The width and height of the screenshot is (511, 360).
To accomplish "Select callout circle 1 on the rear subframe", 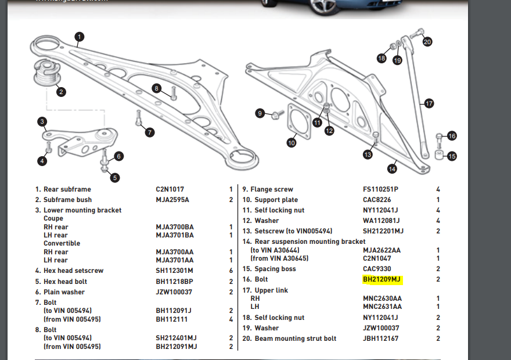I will click(x=79, y=37).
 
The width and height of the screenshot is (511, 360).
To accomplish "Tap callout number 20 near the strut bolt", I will click(x=427, y=42).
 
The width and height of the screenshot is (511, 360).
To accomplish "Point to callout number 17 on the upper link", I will click(x=429, y=104).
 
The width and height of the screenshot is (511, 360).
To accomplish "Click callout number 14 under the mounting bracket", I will click(x=393, y=168).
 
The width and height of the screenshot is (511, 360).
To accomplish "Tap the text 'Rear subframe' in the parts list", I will click(x=67, y=189).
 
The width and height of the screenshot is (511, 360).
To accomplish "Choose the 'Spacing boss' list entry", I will click(x=275, y=269).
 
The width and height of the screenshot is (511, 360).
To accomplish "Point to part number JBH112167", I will click(x=380, y=339).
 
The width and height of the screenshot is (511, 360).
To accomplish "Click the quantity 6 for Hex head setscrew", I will click(x=231, y=271).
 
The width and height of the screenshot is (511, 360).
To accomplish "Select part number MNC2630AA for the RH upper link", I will click(x=382, y=298).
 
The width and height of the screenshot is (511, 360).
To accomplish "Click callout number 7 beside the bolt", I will click(x=150, y=132).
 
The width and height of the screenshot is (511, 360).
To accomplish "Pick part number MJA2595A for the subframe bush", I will click(x=172, y=200).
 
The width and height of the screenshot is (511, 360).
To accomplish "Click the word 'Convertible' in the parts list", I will click(x=62, y=243).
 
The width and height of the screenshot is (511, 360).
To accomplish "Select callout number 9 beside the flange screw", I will click(x=260, y=113).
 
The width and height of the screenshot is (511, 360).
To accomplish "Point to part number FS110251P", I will click(x=381, y=189).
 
